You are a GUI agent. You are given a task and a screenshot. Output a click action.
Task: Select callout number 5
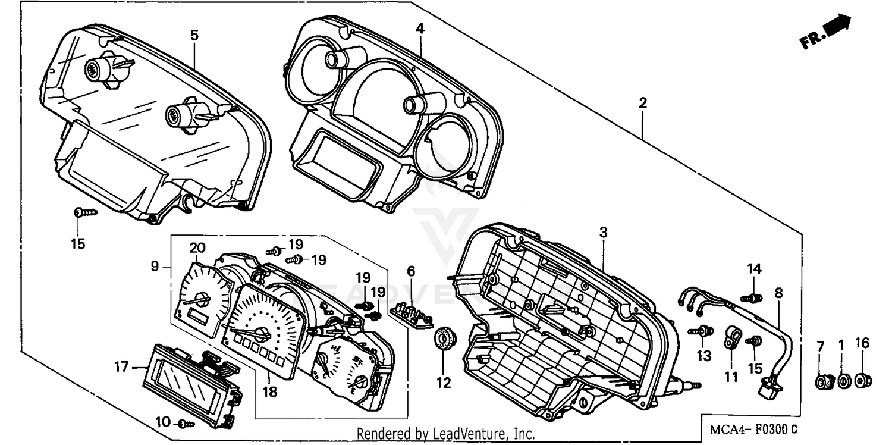pos(194,35)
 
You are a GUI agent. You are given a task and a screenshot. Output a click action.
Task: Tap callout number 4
pos(420,28)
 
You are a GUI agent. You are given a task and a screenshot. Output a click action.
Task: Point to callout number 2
pos(642,103)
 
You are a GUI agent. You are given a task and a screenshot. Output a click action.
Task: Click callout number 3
pos(603,233)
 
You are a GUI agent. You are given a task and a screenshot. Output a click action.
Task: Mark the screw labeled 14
pos(753,296)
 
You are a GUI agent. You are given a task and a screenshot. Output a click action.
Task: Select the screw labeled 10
pos(186,424)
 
